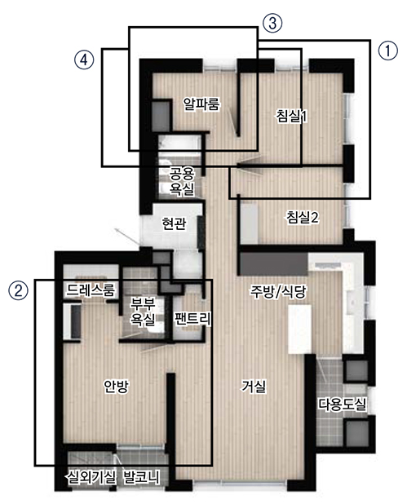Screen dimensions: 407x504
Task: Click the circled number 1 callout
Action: click(x=387, y=51)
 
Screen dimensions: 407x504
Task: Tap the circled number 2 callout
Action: click(x=18, y=290)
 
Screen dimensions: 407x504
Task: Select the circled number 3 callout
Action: click(x=272, y=23)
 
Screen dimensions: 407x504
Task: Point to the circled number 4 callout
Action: click(x=84, y=60)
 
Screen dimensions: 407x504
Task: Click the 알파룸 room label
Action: click(x=201, y=104)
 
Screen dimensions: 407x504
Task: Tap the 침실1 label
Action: click(x=291, y=116)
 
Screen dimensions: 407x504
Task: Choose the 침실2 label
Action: click(x=303, y=217)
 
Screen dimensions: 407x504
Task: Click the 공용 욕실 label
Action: click(x=182, y=182)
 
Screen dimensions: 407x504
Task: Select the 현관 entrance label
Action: click(x=174, y=223)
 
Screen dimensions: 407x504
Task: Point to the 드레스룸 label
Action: click(x=91, y=290)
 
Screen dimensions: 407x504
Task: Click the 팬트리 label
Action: click(x=192, y=318)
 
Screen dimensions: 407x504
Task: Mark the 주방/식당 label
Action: click(x=278, y=291)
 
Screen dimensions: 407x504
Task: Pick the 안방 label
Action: click(x=116, y=386)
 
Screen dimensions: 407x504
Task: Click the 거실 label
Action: click(x=254, y=386)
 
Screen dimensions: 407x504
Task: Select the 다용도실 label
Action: click(x=343, y=404)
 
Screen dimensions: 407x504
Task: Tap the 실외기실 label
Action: click(x=91, y=477)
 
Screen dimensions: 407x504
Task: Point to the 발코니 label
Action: click(x=141, y=477)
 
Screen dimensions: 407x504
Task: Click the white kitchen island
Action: click(x=299, y=329)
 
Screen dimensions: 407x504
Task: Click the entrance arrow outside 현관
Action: click(x=127, y=237)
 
